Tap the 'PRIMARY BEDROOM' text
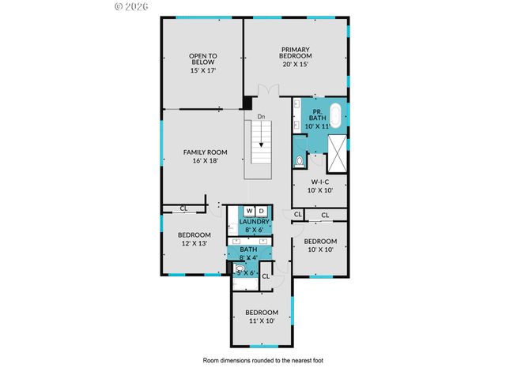click(296, 53)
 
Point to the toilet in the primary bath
click(299, 162)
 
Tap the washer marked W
click(249, 211)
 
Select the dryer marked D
click(262, 211)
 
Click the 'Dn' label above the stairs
click(260, 117)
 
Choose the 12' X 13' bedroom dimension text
click(194, 243)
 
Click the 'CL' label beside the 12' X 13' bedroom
click(183, 208)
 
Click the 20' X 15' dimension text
click(296, 64)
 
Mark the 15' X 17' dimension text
click(202, 70)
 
